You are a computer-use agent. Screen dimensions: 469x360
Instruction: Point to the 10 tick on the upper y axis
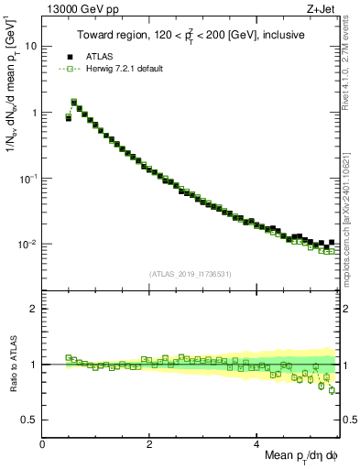[x=31, y=46]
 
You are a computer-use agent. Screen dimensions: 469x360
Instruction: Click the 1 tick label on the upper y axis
[x=34, y=113]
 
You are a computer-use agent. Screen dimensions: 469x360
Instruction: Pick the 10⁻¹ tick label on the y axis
[x=27, y=178]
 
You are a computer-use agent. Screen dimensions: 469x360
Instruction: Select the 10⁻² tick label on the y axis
[x=27, y=244]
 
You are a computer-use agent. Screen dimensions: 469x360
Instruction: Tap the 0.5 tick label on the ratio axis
[x=29, y=420]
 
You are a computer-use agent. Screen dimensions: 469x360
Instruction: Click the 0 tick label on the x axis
[x=42, y=444]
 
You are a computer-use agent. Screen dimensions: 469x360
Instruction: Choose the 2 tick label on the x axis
[x=149, y=444]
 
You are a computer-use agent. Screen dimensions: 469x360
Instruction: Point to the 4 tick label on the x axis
[x=256, y=444]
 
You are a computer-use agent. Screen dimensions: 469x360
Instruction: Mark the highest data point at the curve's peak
[x=74, y=102]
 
